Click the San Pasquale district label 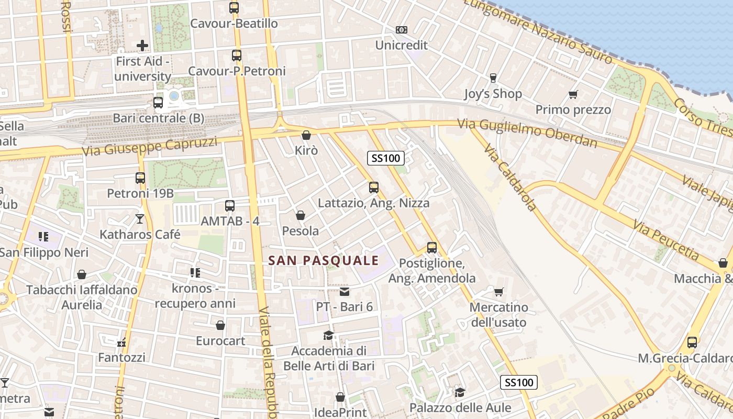click(x=323, y=260)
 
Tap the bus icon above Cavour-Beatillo click(x=234, y=8)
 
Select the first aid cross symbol click(x=142, y=46)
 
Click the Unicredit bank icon click(x=402, y=30)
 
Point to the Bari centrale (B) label click(x=158, y=118)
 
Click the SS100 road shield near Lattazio click(x=385, y=158)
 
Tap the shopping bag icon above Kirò click(x=306, y=135)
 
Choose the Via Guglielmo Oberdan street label click(x=527, y=133)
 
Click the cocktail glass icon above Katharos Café click(x=140, y=218)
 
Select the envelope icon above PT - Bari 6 click(x=345, y=291)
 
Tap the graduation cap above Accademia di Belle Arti click(x=328, y=335)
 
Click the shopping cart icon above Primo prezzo click(x=573, y=95)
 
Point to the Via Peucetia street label click(x=665, y=240)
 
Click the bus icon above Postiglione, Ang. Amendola click(x=432, y=247)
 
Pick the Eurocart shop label click(x=220, y=341)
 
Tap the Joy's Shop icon click(x=493, y=78)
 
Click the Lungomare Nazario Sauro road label click(x=538, y=32)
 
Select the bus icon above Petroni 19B click(x=140, y=178)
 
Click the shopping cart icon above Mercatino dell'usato click(x=499, y=292)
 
